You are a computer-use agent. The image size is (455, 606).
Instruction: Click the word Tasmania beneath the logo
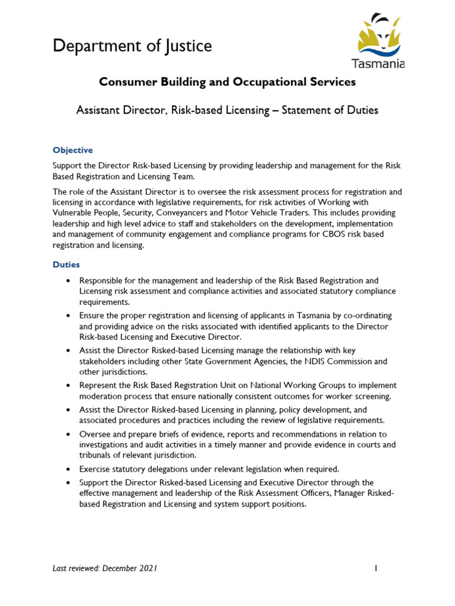click(379, 63)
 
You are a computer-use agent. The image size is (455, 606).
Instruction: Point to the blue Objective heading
click(73, 150)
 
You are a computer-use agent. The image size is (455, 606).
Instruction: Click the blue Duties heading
click(66, 265)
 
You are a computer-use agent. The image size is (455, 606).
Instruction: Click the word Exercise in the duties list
click(97, 469)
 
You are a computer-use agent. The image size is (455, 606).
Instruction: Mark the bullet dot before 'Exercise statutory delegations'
click(69, 469)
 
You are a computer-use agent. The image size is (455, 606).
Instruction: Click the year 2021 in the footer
click(148, 569)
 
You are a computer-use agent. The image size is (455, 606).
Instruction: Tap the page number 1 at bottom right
click(376, 569)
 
